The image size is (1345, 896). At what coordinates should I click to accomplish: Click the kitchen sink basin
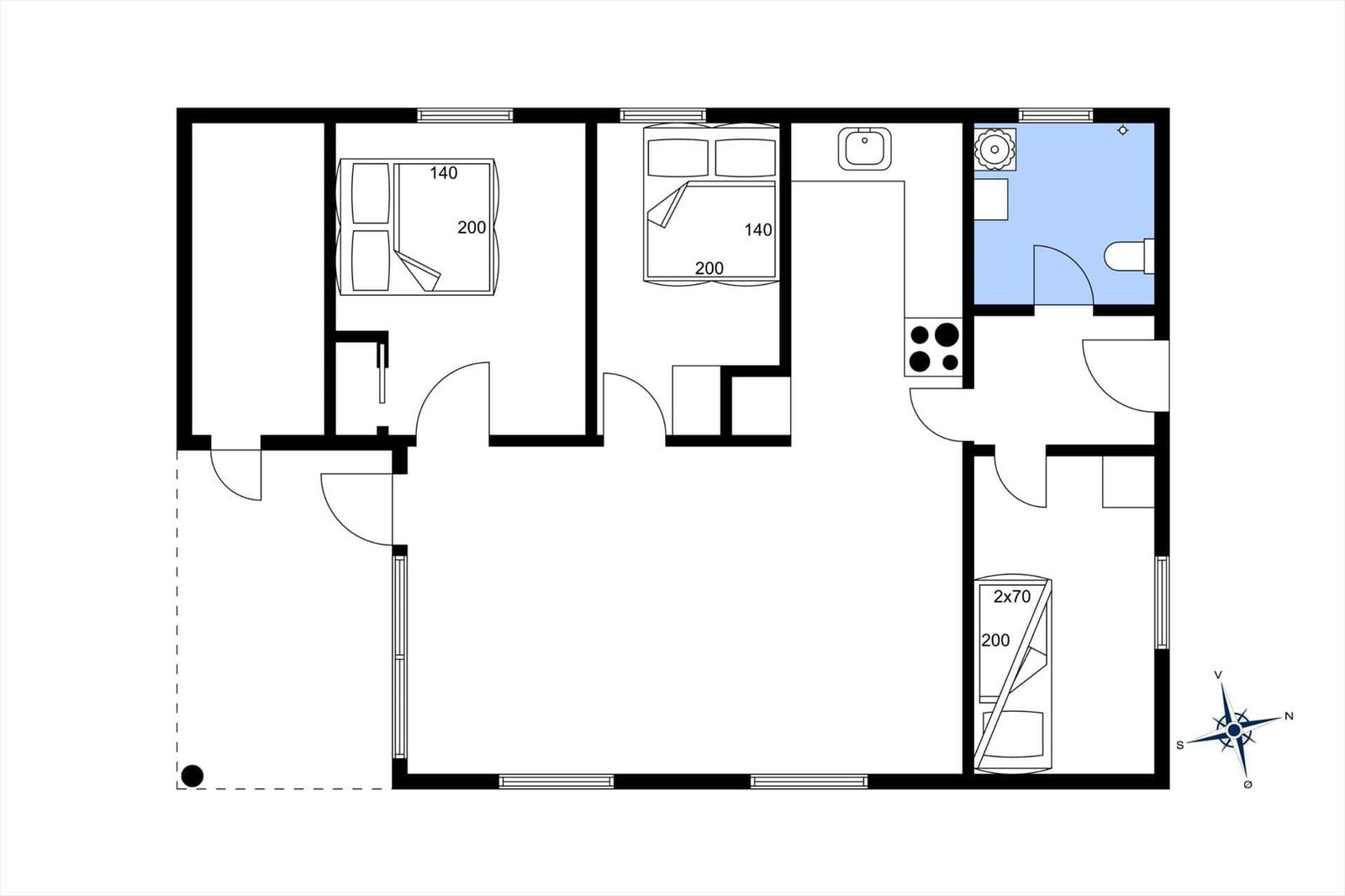[x=865, y=148]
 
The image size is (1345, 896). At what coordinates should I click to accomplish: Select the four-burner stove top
[x=934, y=347]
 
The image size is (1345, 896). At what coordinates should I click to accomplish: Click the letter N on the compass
[x=1289, y=716]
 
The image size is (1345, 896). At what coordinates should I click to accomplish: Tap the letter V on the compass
[x=1218, y=675]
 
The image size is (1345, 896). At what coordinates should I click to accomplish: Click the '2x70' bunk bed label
[x=1012, y=596]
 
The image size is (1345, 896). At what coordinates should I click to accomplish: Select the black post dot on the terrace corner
[x=193, y=776]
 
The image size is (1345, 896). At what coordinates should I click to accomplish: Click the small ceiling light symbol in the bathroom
[x=1122, y=130]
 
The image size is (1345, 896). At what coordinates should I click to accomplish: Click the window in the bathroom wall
[x=1056, y=114]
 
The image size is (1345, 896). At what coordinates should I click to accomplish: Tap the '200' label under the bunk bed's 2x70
[x=995, y=640]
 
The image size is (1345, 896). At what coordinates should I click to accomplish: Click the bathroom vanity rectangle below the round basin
[x=991, y=199]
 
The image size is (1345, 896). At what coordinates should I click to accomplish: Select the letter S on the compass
[x=1180, y=746]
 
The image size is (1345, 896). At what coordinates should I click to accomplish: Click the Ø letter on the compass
[x=1247, y=785]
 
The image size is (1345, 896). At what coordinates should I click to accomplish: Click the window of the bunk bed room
[x=1163, y=603]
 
